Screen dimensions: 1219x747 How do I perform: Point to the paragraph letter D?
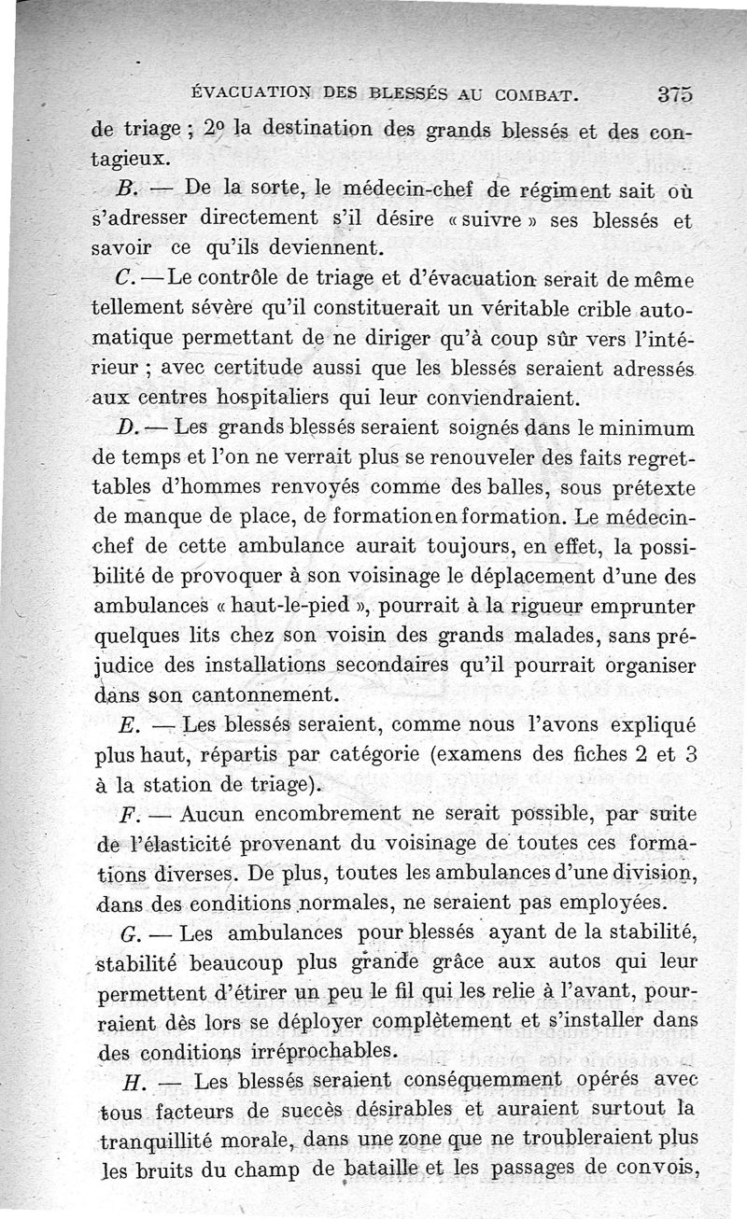coord(129,429)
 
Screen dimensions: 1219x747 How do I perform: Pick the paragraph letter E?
coord(130,725)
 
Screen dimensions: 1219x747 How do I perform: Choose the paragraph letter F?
coord(130,814)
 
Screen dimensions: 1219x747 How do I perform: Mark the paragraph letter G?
coord(131,933)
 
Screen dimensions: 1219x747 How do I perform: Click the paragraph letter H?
coord(130,1081)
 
